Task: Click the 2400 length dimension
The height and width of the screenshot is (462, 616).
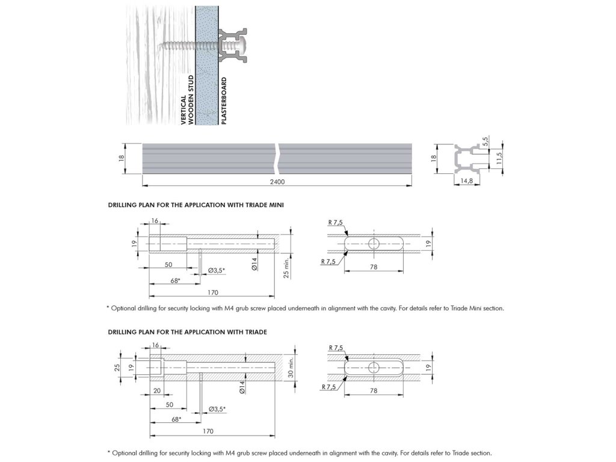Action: (x=277, y=181)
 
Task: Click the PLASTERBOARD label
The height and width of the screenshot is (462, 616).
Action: (x=224, y=100)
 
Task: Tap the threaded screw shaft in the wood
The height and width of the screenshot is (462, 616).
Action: (x=183, y=45)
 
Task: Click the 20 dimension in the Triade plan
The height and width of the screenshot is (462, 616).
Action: (x=156, y=390)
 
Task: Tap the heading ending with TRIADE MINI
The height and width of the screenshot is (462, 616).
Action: (x=196, y=205)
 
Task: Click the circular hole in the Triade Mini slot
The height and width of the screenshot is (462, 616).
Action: (x=374, y=243)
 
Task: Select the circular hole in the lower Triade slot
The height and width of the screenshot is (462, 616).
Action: (x=374, y=367)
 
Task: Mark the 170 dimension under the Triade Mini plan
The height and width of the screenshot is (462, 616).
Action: (x=212, y=293)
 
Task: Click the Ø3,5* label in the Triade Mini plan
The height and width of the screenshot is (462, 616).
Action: (x=217, y=271)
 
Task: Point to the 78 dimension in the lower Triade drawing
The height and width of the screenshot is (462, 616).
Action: (x=374, y=390)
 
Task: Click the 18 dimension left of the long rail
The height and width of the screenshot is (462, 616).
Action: (x=121, y=159)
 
